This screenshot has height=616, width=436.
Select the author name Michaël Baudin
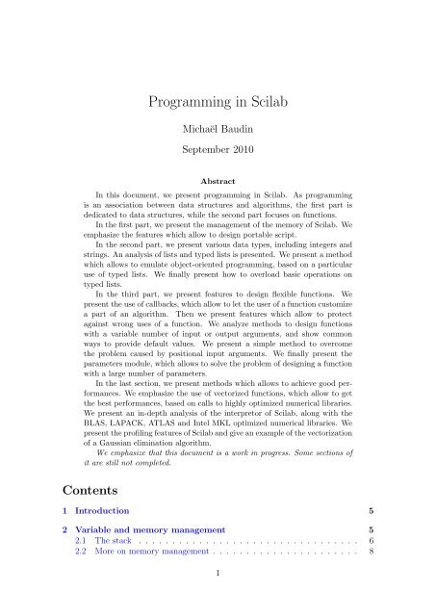tap(218, 128)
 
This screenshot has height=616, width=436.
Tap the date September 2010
tap(218, 150)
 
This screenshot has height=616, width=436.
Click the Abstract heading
tap(218, 181)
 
